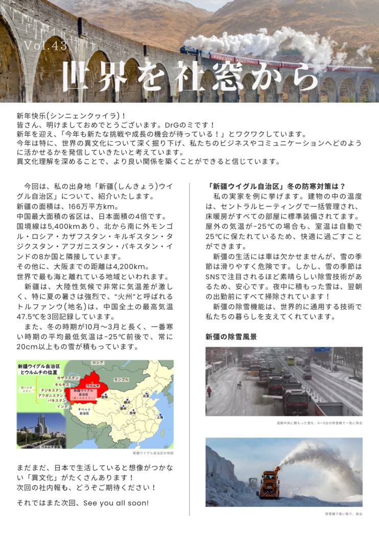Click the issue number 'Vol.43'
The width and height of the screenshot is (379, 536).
[45, 45]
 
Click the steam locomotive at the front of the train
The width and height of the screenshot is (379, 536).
[189, 51]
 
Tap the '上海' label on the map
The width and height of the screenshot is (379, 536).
[160, 417]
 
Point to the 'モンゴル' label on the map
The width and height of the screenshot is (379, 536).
[121, 379]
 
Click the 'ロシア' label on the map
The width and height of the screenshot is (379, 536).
[97, 363]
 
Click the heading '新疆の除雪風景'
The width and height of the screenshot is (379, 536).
[231, 337]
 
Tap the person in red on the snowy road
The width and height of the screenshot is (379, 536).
[209, 391]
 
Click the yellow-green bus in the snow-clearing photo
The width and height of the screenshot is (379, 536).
[290, 360]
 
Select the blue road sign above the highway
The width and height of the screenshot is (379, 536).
[322, 350]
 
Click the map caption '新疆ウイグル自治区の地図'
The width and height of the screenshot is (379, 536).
[153, 453]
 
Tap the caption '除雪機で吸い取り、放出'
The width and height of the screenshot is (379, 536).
[343, 514]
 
